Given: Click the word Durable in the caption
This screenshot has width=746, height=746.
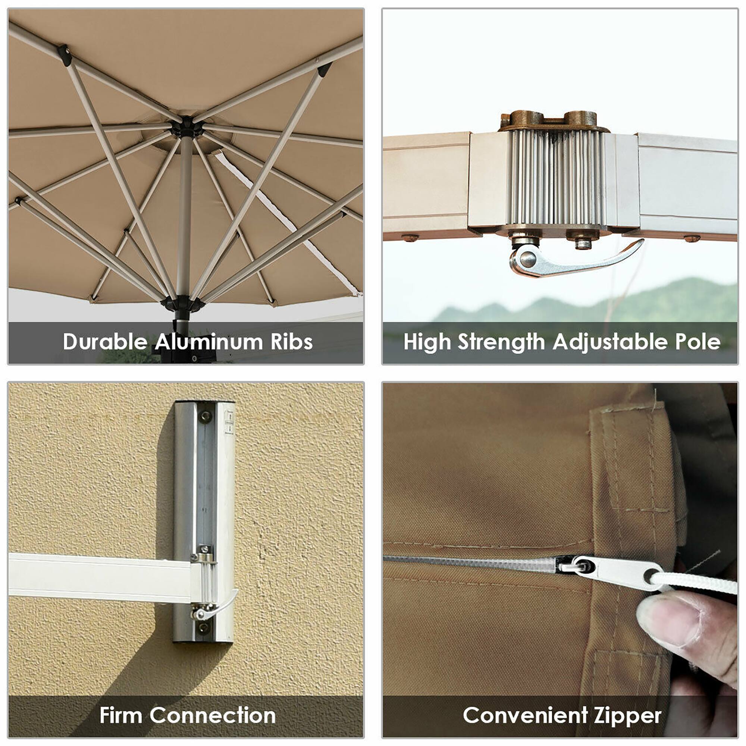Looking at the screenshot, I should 105,342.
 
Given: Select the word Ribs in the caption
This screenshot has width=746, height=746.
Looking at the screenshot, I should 292,342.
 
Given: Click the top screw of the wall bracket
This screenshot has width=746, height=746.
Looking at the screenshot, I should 206,416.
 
